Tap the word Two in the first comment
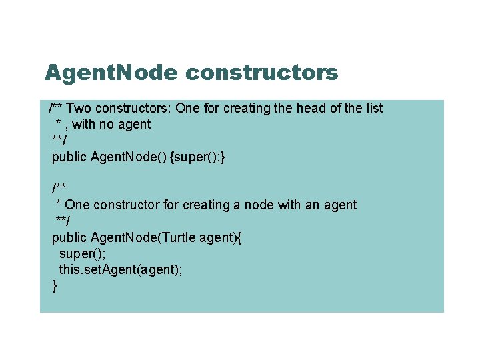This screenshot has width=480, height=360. [x=79, y=108]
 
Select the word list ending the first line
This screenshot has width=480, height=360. [x=372, y=108]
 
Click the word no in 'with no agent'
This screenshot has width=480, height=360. [x=107, y=124]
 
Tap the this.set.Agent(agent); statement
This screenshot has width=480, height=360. [x=121, y=269]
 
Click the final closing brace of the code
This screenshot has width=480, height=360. [x=55, y=286]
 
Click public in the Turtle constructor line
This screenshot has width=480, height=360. [x=69, y=237]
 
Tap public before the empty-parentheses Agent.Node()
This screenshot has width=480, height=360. [x=69, y=157]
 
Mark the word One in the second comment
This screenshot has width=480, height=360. [x=77, y=205]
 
